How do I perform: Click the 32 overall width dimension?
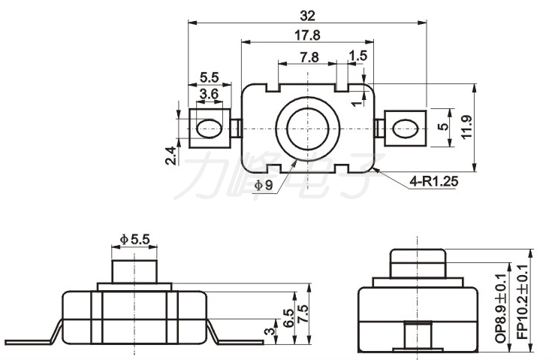point(307,16)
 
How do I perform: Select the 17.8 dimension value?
point(307,35)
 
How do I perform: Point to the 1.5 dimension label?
point(357,56)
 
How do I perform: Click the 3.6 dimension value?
point(210,94)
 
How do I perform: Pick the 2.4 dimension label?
point(170,156)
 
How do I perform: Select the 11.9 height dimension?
point(467,127)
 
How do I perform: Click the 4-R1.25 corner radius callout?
point(434,181)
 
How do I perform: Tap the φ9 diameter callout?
point(264,185)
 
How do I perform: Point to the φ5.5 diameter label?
point(135,240)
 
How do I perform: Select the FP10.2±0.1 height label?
point(523,302)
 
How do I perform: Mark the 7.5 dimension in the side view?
point(303,314)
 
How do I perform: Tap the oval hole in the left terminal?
point(209,129)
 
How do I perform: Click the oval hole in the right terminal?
point(406,129)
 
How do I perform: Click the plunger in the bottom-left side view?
point(134,271)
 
